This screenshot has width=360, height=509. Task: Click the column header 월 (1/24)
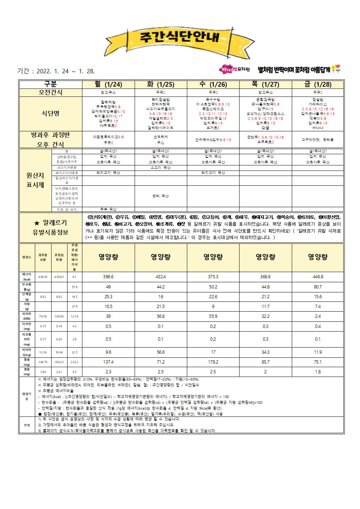109,85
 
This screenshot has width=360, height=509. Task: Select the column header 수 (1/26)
213,85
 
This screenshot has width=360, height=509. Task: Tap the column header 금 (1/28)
318,85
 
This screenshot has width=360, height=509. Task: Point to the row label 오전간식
51,93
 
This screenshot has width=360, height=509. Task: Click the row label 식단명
51,113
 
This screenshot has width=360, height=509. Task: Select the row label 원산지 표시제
35,180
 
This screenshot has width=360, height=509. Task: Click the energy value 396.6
109,276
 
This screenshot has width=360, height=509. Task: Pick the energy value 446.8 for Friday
318,276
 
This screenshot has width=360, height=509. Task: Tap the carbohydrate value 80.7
318,287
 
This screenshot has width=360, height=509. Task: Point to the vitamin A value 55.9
213,316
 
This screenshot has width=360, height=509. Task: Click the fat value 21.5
161,306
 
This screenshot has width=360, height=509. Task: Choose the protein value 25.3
109,296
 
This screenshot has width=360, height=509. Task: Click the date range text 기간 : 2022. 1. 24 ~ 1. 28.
56,71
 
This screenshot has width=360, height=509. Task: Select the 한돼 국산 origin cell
161,196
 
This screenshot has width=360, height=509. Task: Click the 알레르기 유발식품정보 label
51,227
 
